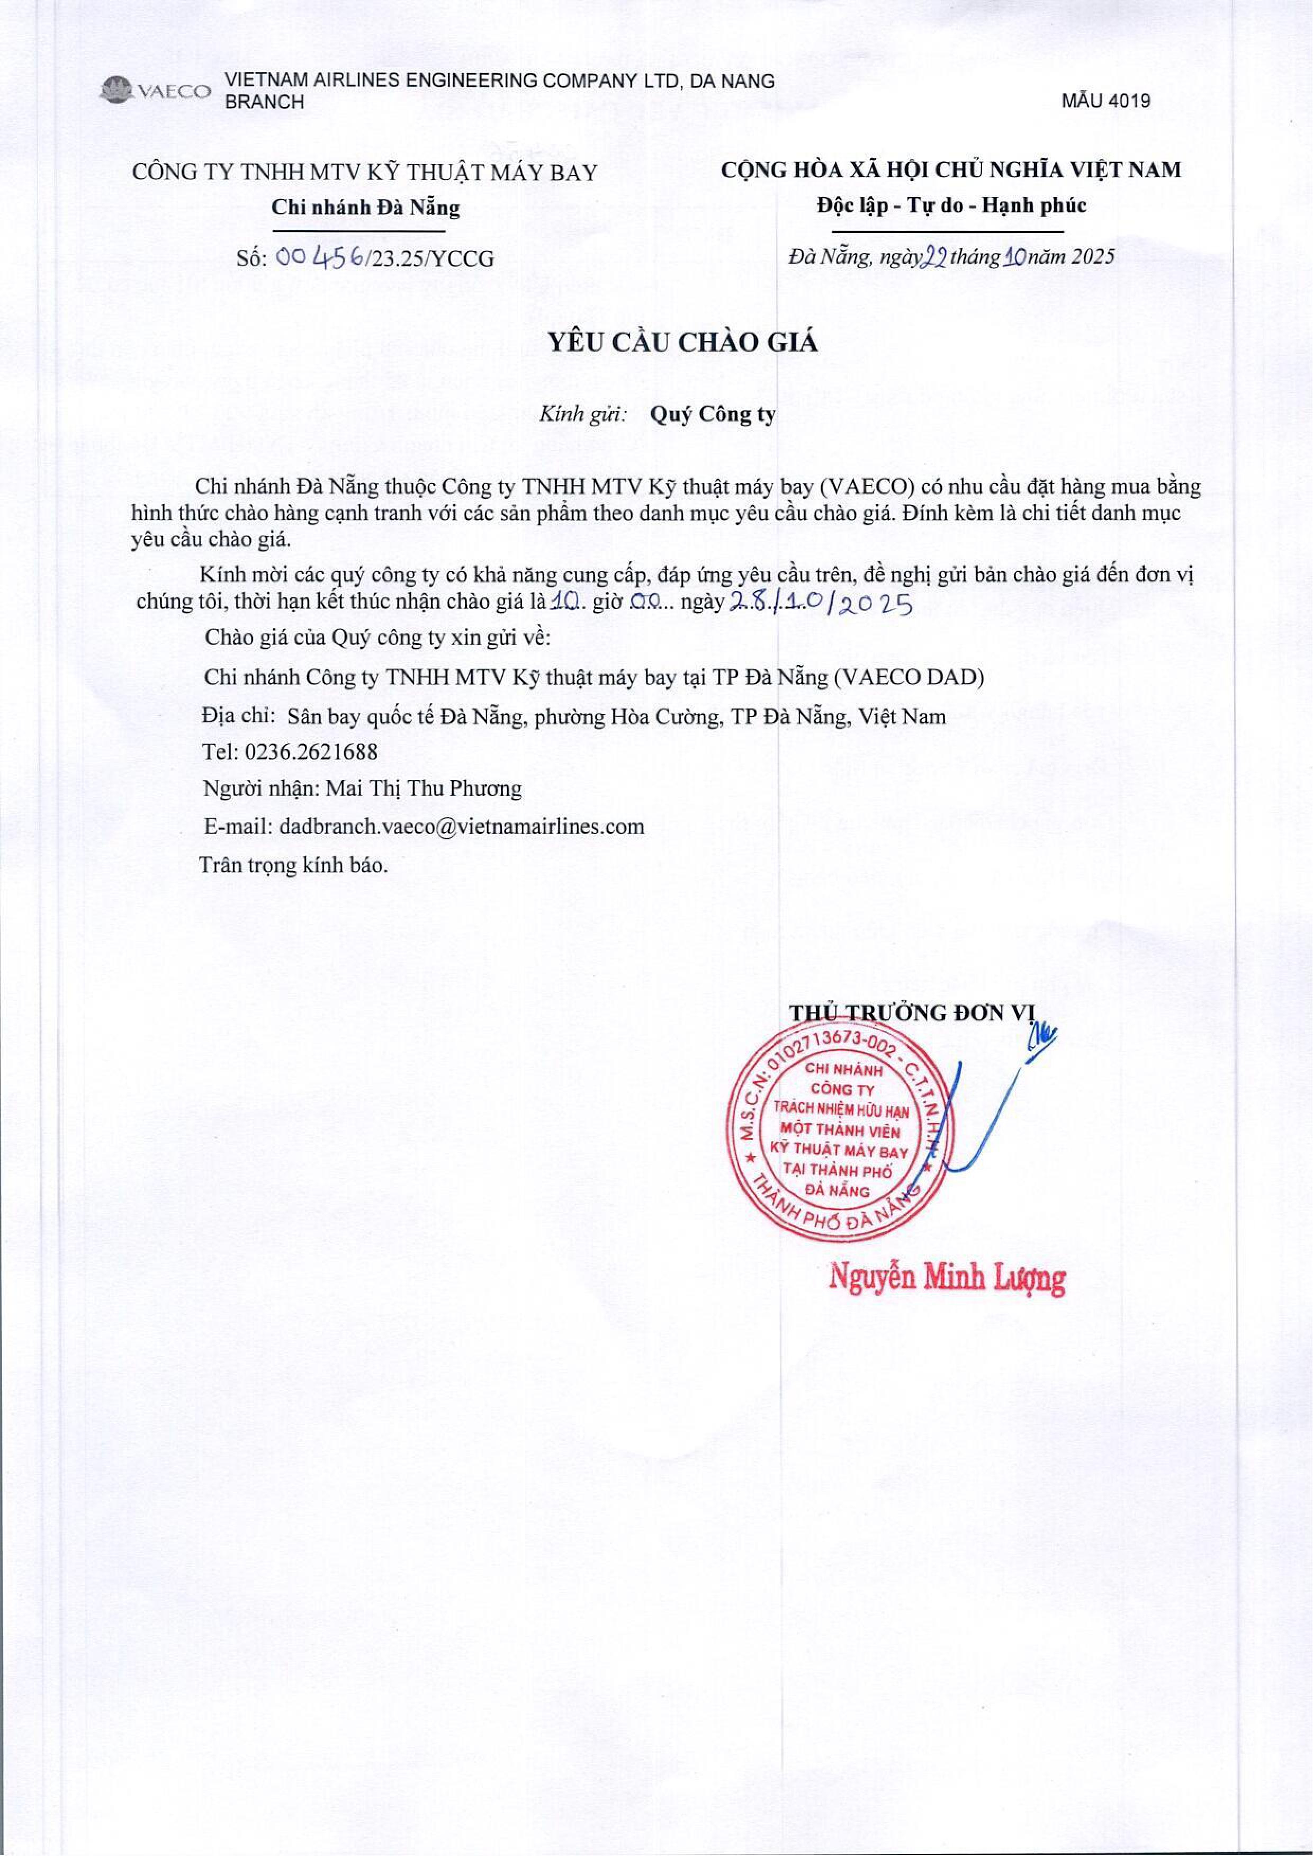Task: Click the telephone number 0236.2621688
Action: tap(312, 751)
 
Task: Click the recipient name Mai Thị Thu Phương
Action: tap(423, 788)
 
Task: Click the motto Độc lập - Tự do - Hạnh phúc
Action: tap(951, 205)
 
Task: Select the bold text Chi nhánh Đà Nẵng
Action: tap(365, 207)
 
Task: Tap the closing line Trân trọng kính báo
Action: tap(293, 865)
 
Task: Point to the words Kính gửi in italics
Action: tap(583, 416)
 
